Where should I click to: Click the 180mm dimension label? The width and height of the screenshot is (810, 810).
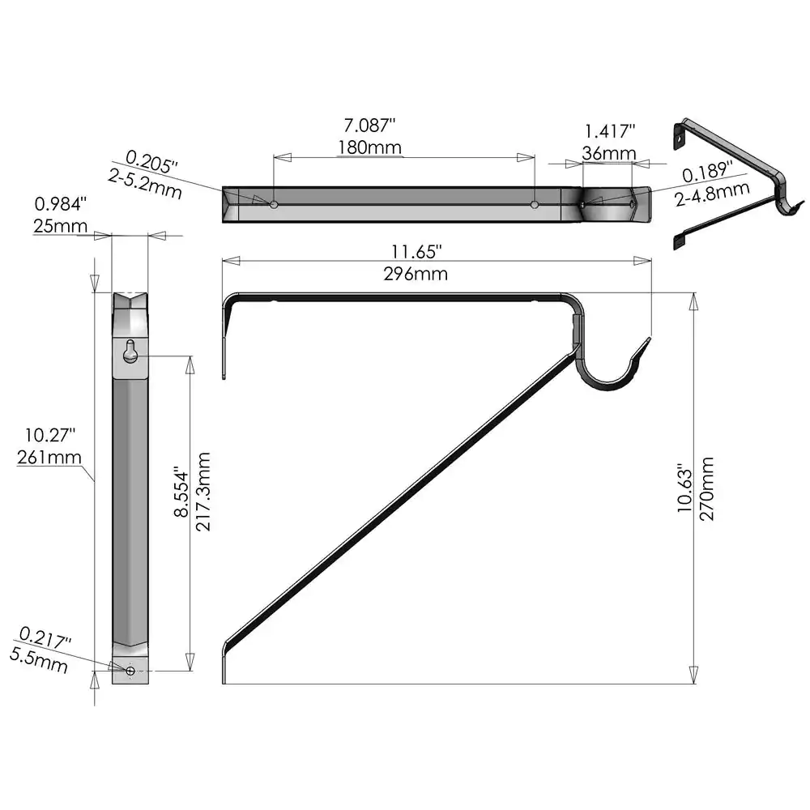pyautogui.click(x=370, y=147)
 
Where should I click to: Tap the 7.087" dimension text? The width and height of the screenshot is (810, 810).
pyautogui.click(x=370, y=126)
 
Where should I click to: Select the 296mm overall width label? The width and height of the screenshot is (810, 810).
pyautogui.click(x=416, y=274)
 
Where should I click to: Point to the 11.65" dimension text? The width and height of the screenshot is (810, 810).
pyautogui.click(x=416, y=252)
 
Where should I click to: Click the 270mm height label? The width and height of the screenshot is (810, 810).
pyautogui.click(x=706, y=488)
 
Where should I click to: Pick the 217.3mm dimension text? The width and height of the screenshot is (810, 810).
pyautogui.click(x=203, y=492)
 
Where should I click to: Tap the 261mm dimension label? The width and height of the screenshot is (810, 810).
pyautogui.click(x=49, y=457)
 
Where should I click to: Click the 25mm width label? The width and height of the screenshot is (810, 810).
pyautogui.click(x=61, y=226)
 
